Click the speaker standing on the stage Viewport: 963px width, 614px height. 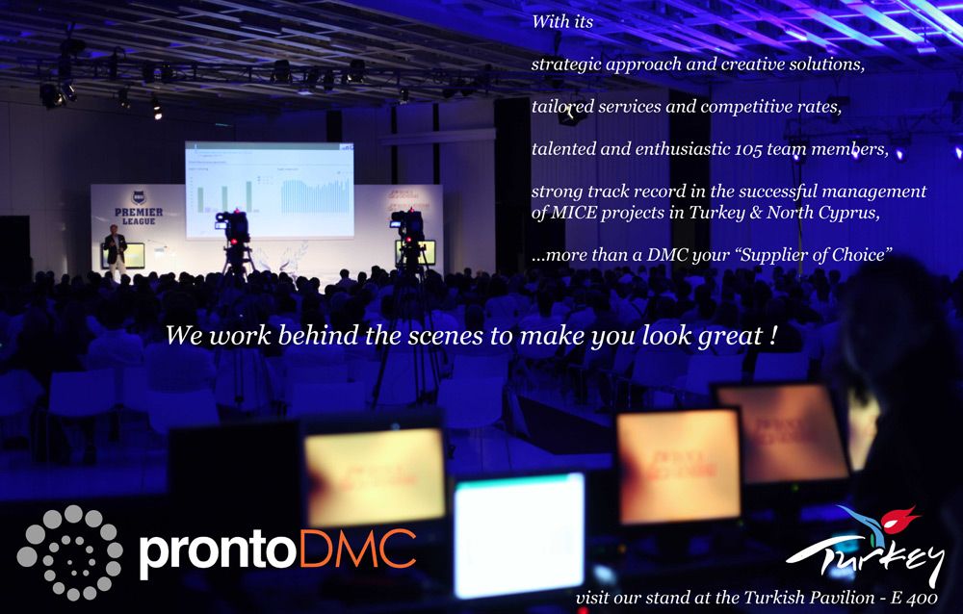tap(115, 250)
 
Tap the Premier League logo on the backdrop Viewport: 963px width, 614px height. tap(139, 208)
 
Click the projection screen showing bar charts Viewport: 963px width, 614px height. tap(269, 190)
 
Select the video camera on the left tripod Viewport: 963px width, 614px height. tap(233, 227)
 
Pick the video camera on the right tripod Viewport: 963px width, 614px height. tap(407, 225)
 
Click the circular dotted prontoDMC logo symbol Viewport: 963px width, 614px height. tap(68, 552)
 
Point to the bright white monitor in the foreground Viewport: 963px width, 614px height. tap(520, 534)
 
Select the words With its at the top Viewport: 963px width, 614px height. tap(562, 22)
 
